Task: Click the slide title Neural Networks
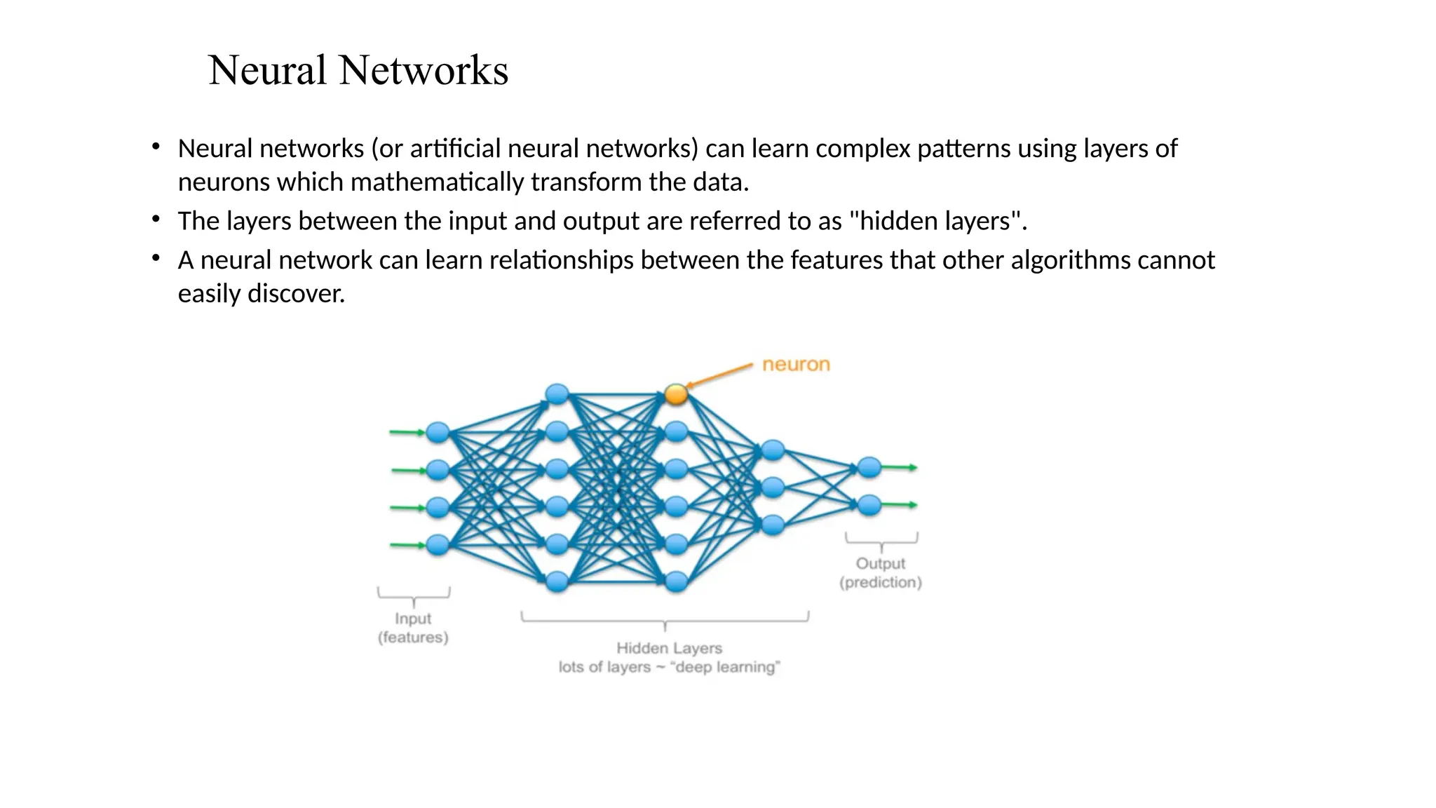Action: [358, 70]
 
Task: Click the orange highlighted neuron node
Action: [676, 394]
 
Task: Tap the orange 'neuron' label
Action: [796, 365]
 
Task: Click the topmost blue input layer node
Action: [438, 432]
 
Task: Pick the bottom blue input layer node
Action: [438, 545]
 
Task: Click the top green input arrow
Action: [407, 432]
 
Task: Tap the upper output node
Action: [869, 467]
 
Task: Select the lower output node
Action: [869, 505]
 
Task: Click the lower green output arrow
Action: [900, 505]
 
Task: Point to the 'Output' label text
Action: [881, 563]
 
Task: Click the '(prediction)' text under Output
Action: [881, 582]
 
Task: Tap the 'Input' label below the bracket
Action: [413, 619]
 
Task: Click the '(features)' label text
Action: [413, 638]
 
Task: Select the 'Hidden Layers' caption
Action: [669, 648]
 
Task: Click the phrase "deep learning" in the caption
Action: [725, 667]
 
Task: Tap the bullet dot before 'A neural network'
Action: [156, 258]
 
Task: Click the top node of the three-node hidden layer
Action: [773, 450]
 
